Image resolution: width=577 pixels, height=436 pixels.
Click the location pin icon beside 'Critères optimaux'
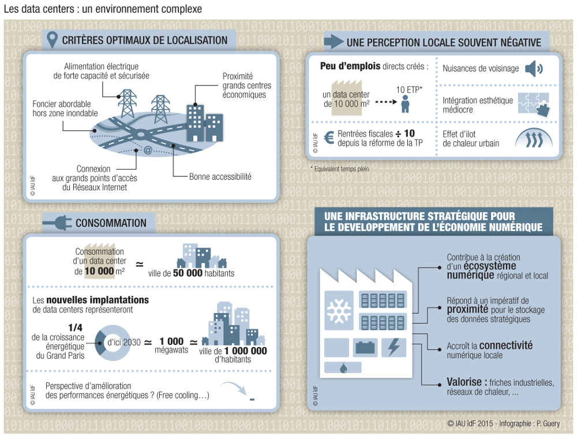pyautogui.click(x=53, y=40)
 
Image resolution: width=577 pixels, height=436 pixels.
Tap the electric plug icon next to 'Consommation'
pyautogui.click(x=57, y=223)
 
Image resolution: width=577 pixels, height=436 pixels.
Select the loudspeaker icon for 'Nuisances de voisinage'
pyautogui.click(x=534, y=69)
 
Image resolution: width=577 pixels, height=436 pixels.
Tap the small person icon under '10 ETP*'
pyautogui.click(x=404, y=104)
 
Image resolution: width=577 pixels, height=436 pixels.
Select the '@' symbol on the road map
pyautogui.click(x=147, y=151)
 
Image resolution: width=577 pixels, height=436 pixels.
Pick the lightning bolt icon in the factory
pyautogui.click(x=394, y=347)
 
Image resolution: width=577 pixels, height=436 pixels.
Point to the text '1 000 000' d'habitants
pyautogui.click(x=245, y=350)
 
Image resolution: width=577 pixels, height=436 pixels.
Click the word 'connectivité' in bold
pyautogui.click(x=505, y=345)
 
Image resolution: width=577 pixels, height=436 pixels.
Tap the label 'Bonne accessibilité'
pyautogui.click(x=220, y=176)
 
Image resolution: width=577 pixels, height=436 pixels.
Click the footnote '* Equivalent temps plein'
pyautogui.click(x=339, y=169)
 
